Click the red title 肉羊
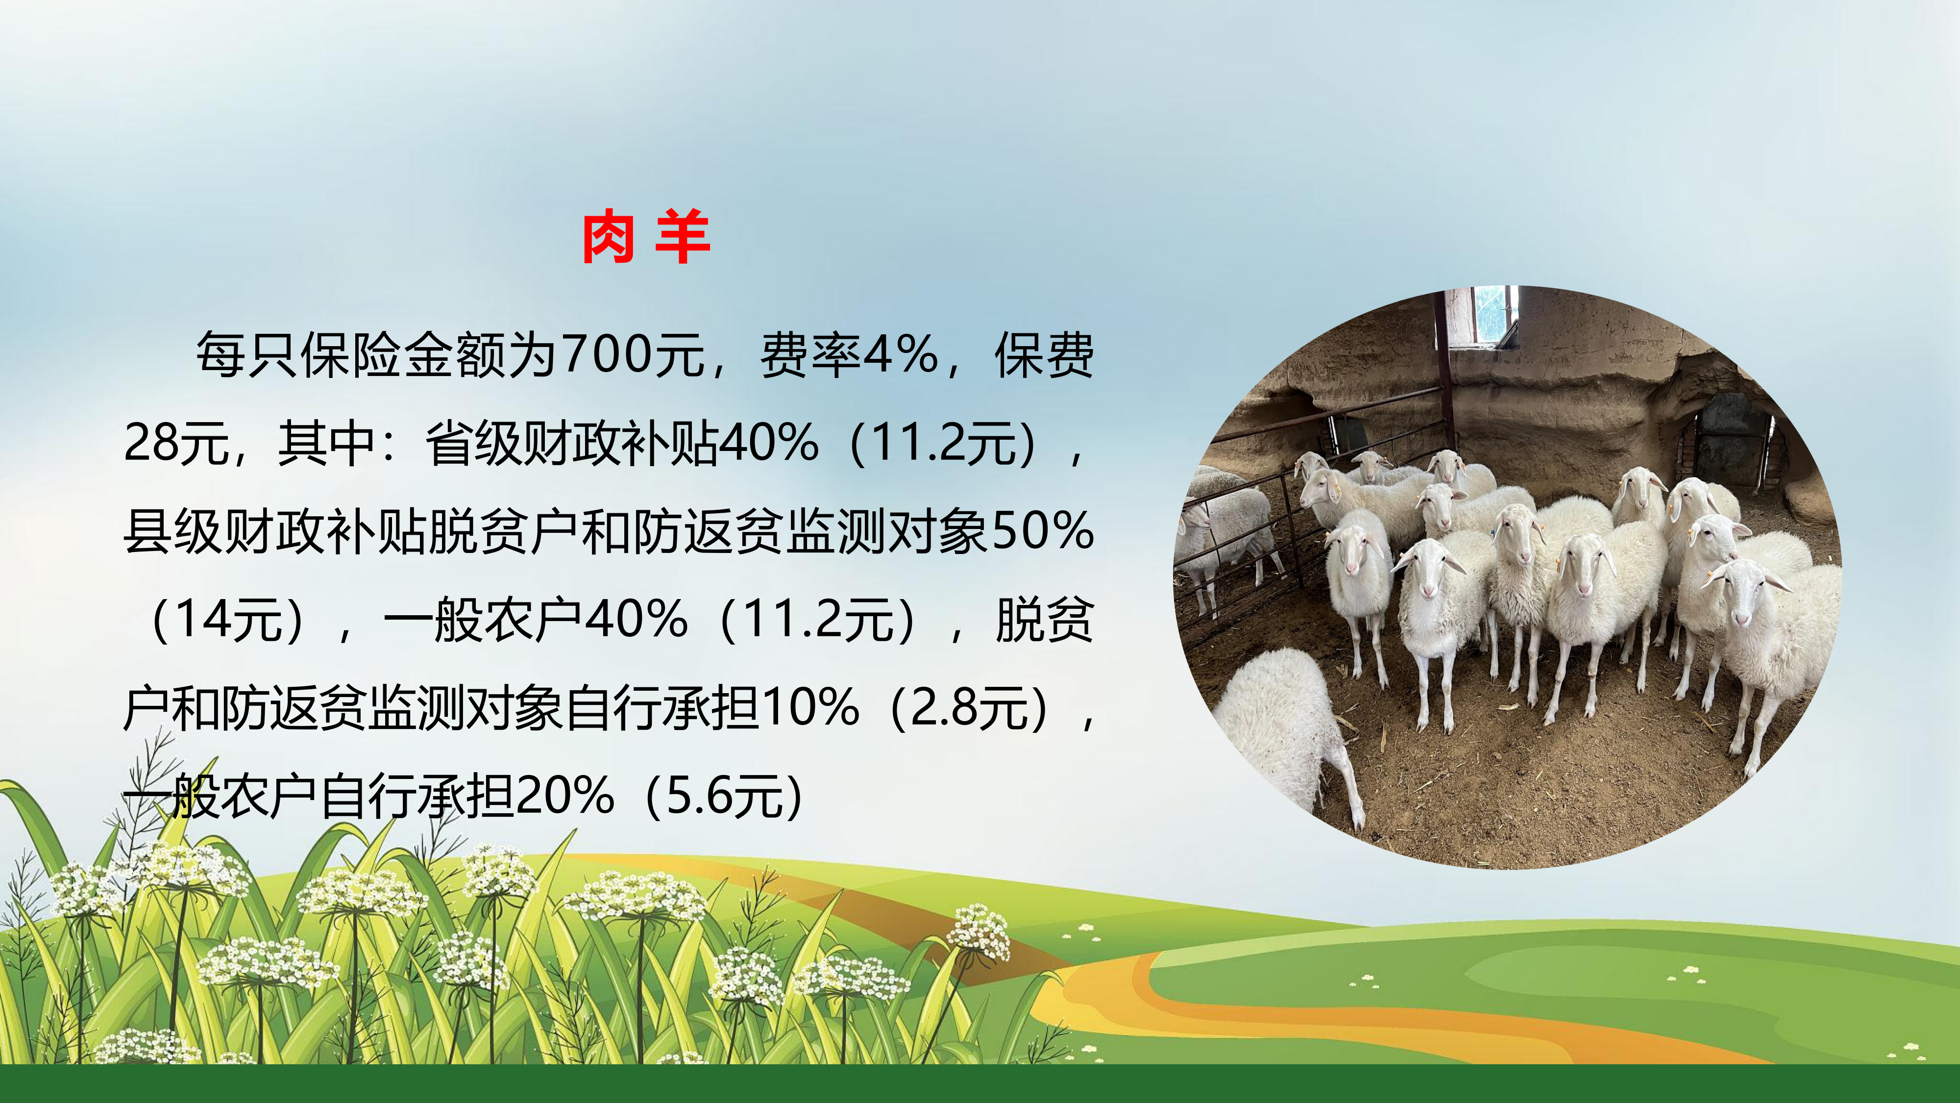[646, 237]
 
